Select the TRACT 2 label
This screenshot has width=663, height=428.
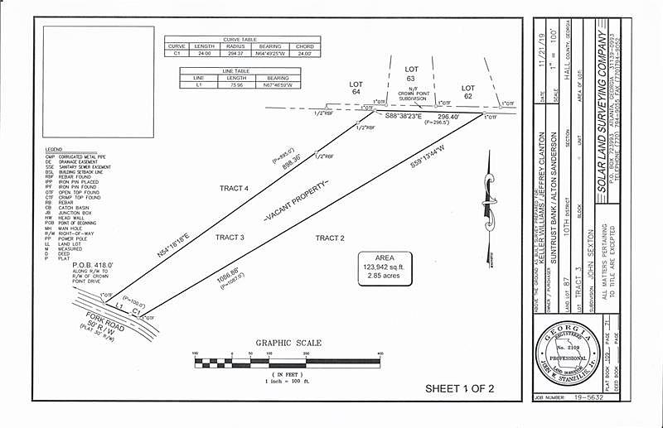[x=329, y=238]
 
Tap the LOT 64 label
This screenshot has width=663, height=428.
[x=356, y=89]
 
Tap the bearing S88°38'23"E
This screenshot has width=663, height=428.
[x=405, y=118]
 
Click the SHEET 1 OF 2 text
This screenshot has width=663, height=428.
[x=459, y=387]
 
